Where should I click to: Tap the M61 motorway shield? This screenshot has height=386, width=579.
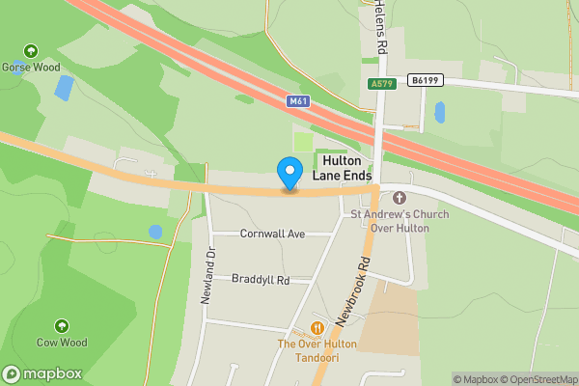[x=298, y=100]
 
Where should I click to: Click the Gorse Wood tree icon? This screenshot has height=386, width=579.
[x=31, y=50]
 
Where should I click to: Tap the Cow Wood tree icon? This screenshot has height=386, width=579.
[x=62, y=326]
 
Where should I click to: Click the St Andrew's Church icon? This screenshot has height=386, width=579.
[x=400, y=198]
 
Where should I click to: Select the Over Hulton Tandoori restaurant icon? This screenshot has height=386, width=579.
[x=317, y=328]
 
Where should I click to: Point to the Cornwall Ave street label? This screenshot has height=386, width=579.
[x=272, y=234]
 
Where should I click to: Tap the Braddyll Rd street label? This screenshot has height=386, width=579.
[x=261, y=280]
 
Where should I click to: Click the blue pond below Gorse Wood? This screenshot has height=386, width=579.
[x=64, y=89]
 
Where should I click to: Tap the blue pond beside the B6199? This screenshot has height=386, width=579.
[x=440, y=112]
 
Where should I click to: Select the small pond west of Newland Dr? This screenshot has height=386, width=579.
[x=155, y=233]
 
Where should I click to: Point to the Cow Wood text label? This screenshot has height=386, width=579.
[x=62, y=343]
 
